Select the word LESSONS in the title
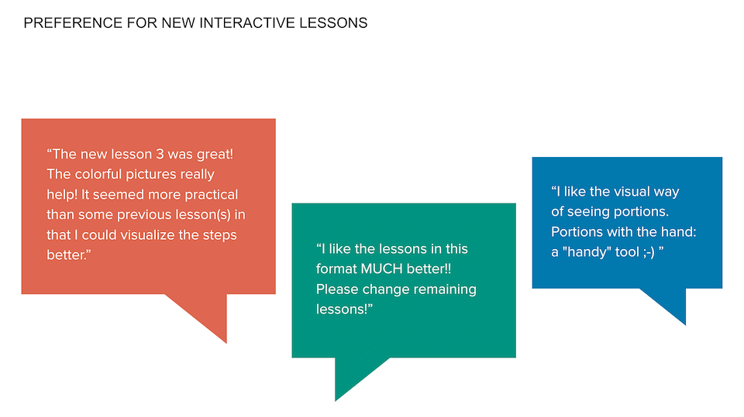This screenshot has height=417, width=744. pyautogui.click(x=333, y=22)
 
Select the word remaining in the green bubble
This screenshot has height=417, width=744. pyautogui.click(x=447, y=290)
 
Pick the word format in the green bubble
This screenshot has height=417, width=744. pyautogui.click(x=336, y=269)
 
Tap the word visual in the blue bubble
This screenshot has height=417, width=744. pyautogui.click(x=632, y=191)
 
